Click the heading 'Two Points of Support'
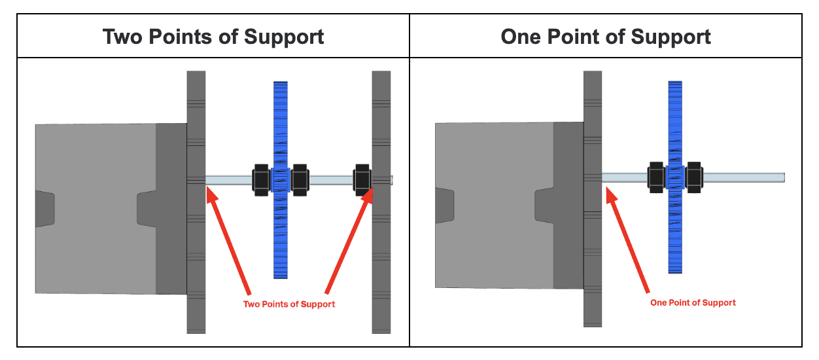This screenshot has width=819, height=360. (x=213, y=37)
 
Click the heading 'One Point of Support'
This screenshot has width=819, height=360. (x=606, y=37)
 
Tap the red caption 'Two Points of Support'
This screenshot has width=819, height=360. (x=289, y=304)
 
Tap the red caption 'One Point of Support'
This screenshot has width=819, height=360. (x=693, y=303)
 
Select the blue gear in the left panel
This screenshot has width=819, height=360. (x=281, y=118)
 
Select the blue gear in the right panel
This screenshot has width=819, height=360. (x=675, y=118)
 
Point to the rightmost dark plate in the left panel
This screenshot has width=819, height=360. (x=381, y=262)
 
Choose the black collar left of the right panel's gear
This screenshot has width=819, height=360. (x=656, y=177)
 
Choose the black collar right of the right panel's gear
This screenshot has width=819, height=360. (x=693, y=177)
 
